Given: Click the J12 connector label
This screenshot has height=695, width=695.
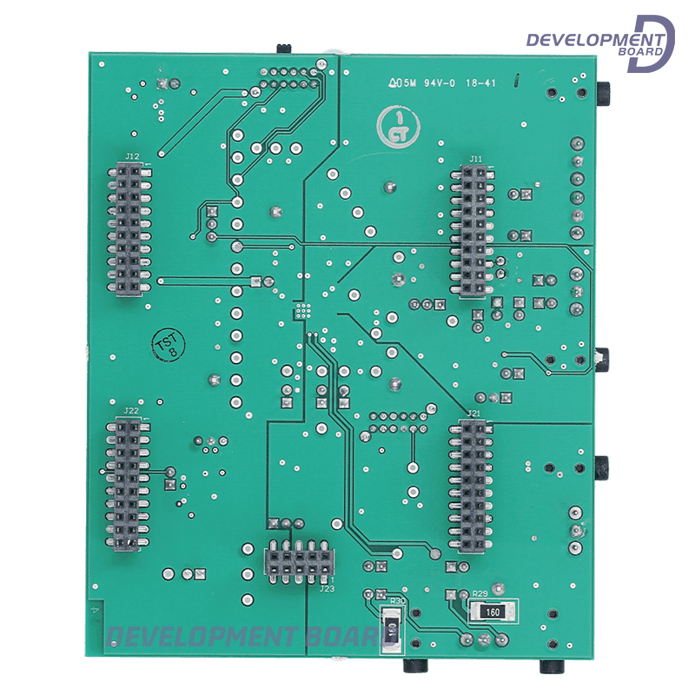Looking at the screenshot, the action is click(132, 156).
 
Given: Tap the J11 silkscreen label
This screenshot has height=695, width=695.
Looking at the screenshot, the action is click(475, 159).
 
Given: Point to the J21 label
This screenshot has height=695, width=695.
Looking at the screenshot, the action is click(473, 414).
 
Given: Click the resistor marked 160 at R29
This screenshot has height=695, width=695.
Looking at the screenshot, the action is click(493, 612).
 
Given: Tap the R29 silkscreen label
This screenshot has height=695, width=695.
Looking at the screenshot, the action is click(479, 595).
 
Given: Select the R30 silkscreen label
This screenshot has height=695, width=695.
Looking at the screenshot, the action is click(398, 600).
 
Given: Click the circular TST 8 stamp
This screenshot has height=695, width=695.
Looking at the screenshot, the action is click(167, 345).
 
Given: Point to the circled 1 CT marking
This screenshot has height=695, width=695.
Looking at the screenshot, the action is click(399, 127).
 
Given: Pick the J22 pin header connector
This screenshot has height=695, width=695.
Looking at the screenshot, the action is click(127, 484).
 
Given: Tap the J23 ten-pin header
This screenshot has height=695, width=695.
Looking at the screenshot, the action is click(297, 562).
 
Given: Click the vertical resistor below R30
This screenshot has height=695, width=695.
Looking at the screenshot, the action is click(393, 629).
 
